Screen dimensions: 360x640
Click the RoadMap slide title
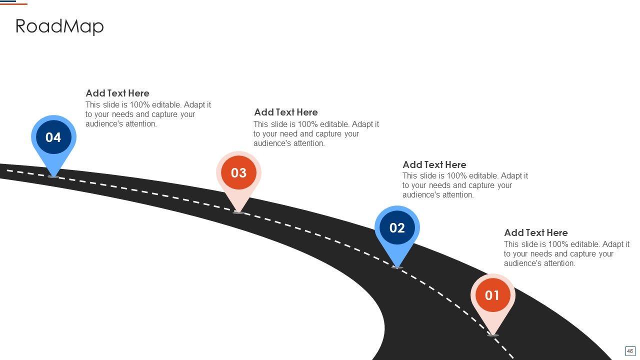pyautogui.click(x=59, y=26)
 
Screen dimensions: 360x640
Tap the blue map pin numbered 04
pyautogui.click(x=53, y=137)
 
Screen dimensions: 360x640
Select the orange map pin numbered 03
pyautogui.click(x=238, y=173)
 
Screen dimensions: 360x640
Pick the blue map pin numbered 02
pyautogui.click(x=397, y=228)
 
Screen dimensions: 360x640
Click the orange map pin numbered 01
pyautogui.click(x=492, y=295)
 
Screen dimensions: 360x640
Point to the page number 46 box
pyautogui.click(x=630, y=351)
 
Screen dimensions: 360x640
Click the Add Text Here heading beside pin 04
pyautogui.click(x=117, y=93)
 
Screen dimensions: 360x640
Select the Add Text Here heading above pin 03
pyautogui.click(x=286, y=112)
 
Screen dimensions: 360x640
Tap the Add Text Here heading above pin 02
pyautogui.click(x=434, y=164)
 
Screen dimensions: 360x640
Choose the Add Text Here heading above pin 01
pyautogui.click(x=536, y=232)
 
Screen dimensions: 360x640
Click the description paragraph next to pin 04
pyautogui.click(x=148, y=114)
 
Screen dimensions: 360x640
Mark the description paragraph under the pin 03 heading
pyautogui.click(x=316, y=133)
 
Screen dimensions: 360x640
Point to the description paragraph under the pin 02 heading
pyautogui.click(x=465, y=185)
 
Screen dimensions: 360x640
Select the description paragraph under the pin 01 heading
pyautogui.click(x=566, y=253)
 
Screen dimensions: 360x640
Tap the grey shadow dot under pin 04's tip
pyautogui.click(x=53, y=176)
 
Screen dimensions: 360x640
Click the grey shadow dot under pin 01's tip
pyautogui.click(x=493, y=335)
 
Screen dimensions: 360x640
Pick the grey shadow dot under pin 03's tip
pyautogui.click(x=238, y=212)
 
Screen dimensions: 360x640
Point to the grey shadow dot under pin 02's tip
pyautogui.click(x=397, y=267)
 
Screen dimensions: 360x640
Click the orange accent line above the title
pyautogui.click(x=13, y=4)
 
